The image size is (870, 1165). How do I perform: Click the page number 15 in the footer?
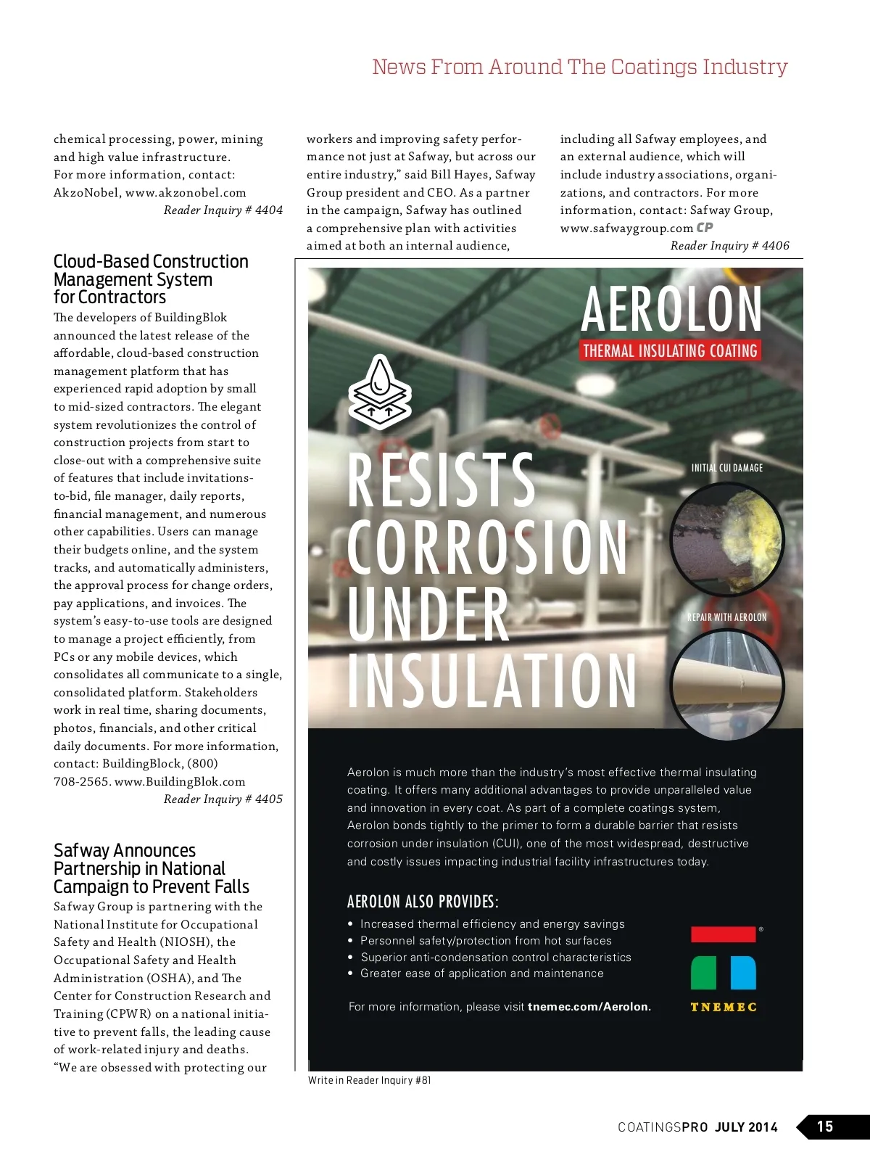click(x=825, y=1127)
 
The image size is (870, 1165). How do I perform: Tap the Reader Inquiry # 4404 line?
click(x=223, y=210)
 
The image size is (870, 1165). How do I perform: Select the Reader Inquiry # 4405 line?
click(x=223, y=799)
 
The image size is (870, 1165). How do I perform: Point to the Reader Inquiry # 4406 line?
click(x=729, y=246)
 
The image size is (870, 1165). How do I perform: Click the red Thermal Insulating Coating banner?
click(x=670, y=351)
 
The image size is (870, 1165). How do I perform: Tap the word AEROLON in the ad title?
click(x=671, y=310)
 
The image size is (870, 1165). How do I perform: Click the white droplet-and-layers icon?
click(x=379, y=391)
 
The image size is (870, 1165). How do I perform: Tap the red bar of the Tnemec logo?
click(x=723, y=934)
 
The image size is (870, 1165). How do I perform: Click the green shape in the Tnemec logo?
click(x=703, y=973)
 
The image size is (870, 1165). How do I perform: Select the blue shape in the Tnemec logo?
click(x=743, y=973)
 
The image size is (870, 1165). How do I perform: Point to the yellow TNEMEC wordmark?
click(x=724, y=1008)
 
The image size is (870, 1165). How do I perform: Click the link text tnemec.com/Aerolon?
click(x=589, y=1007)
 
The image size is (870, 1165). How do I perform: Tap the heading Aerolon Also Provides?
click(x=423, y=902)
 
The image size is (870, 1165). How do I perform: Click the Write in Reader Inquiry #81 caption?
click(x=369, y=1080)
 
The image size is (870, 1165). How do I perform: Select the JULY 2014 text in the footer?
click(x=746, y=1127)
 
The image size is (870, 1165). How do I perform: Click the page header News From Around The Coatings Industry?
click(x=579, y=67)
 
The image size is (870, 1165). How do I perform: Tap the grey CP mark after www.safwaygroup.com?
click(x=705, y=228)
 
